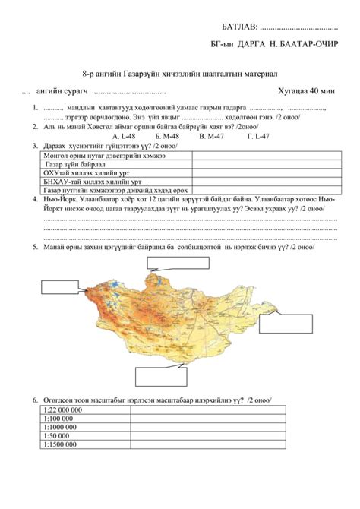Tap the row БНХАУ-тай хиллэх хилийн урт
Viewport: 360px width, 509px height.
91,182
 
